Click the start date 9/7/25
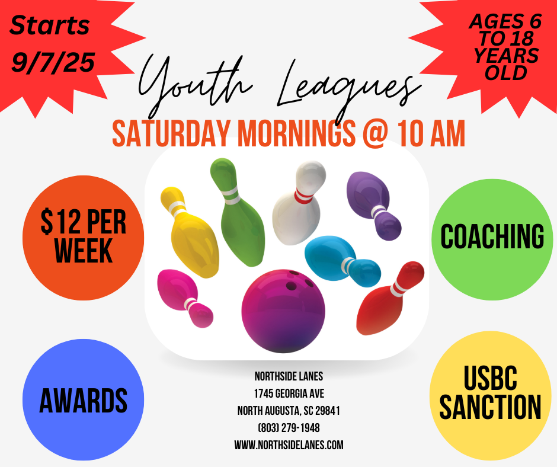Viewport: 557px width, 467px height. (x=53, y=62)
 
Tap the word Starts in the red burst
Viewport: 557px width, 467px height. (x=49, y=25)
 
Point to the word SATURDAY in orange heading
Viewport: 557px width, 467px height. (x=171, y=133)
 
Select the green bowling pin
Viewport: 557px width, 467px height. (x=237, y=212)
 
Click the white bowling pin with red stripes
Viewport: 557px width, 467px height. (x=299, y=203)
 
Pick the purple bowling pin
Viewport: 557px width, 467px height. (x=373, y=205)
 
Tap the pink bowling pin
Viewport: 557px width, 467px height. (x=185, y=298)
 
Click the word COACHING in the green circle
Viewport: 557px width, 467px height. (x=492, y=236)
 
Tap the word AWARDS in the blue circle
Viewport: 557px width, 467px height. (x=83, y=400)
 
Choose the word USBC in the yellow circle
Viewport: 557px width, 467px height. (x=490, y=378)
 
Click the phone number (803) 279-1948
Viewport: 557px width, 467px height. (x=289, y=428)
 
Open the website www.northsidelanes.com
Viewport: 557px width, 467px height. (x=289, y=445)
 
